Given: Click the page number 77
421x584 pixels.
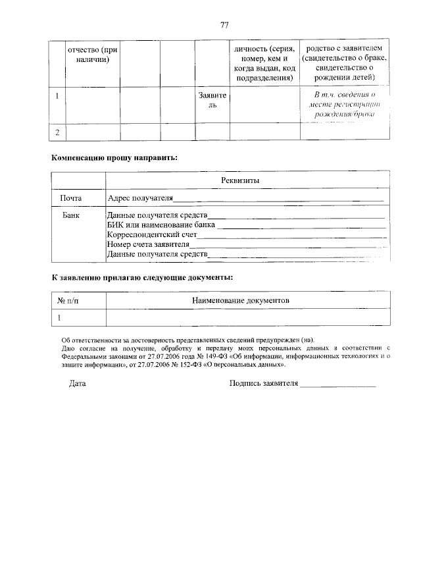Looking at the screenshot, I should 224,25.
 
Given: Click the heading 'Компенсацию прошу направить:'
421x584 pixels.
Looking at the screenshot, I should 115,158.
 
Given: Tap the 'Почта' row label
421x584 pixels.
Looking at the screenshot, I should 70,198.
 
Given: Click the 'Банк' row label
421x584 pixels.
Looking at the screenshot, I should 70,215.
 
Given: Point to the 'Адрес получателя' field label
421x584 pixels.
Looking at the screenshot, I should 140,198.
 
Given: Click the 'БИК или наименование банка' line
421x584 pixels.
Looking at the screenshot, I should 161,225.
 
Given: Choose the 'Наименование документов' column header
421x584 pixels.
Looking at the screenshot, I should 241,300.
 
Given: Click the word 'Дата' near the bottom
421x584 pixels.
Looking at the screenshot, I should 78,383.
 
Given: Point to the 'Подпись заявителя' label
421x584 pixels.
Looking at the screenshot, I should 263,383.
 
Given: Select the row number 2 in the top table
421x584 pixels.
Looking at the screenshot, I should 57,132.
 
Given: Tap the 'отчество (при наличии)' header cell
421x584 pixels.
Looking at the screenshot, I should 92,55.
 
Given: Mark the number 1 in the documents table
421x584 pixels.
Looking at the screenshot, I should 59,317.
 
